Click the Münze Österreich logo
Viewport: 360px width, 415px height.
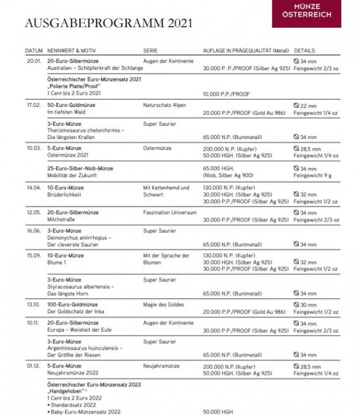click(306, 13)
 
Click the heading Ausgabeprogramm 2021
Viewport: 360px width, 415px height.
click(108, 23)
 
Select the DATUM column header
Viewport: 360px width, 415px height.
click(34, 51)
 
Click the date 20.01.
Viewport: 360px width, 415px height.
click(33, 60)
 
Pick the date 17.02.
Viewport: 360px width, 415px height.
click(33, 105)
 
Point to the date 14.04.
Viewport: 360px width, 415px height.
click(33, 188)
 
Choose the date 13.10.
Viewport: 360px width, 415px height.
click(33, 305)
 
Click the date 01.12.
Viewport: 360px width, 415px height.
click(33, 366)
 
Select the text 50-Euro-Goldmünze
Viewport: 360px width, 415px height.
click(71, 105)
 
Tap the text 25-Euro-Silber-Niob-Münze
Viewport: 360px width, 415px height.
click(81, 168)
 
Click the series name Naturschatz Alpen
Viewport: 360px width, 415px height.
click(164, 105)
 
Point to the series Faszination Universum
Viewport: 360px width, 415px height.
click(169, 212)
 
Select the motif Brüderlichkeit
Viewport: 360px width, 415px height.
click(64, 195)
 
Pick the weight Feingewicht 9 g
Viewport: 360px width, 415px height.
click(313, 175)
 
